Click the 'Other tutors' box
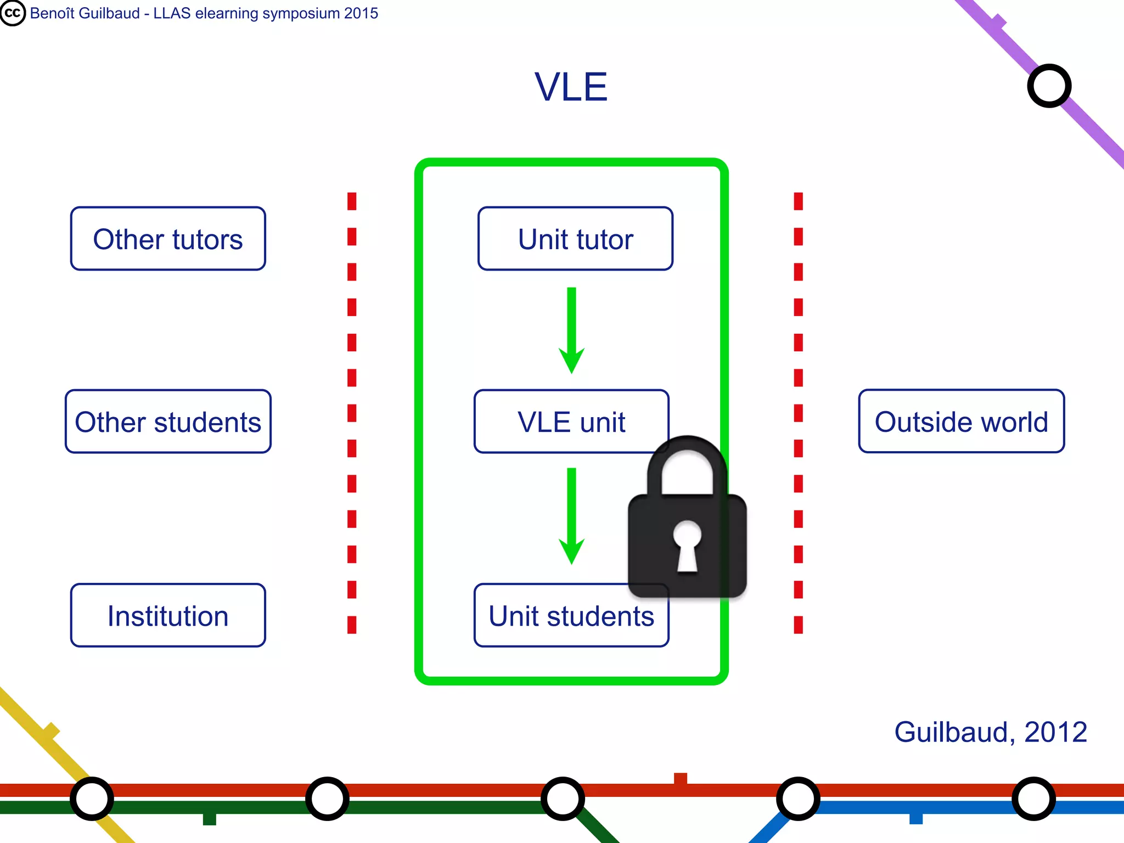pyautogui.click(x=168, y=239)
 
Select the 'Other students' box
pyautogui.click(x=168, y=421)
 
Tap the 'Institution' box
pyautogui.click(x=168, y=615)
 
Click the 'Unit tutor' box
pyautogui.click(x=575, y=239)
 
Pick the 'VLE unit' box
pyautogui.click(x=571, y=421)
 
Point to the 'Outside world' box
pyautogui.click(x=961, y=421)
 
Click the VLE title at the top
pyautogui.click(x=571, y=87)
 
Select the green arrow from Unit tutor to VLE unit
pyautogui.click(x=571, y=329)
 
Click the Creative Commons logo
pyautogui.click(x=13, y=13)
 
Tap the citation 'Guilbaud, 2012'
pyautogui.click(x=991, y=732)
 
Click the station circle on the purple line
pyautogui.click(x=1049, y=86)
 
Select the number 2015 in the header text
pyautogui.click(x=361, y=13)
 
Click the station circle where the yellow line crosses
pyautogui.click(x=92, y=799)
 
